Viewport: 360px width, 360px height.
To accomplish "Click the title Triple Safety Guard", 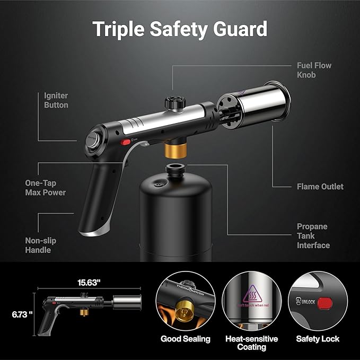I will [x=180, y=29].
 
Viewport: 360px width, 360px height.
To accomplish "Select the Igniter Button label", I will [x=56, y=100].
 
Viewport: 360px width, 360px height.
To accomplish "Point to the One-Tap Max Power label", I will [x=46, y=187].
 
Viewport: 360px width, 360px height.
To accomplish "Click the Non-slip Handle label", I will [x=40, y=245].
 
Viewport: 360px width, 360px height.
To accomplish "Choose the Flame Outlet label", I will [x=320, y=187].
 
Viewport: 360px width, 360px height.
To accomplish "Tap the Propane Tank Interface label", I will [x=313, y=235].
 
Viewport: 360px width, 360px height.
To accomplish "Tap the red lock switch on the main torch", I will [x=126, y=142].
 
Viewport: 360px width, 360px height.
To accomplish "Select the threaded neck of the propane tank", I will [x=174, y=170].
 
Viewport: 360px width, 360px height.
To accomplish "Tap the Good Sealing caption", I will [x=186, y=339].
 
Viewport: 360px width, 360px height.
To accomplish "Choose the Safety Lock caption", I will [x=316, y=339].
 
